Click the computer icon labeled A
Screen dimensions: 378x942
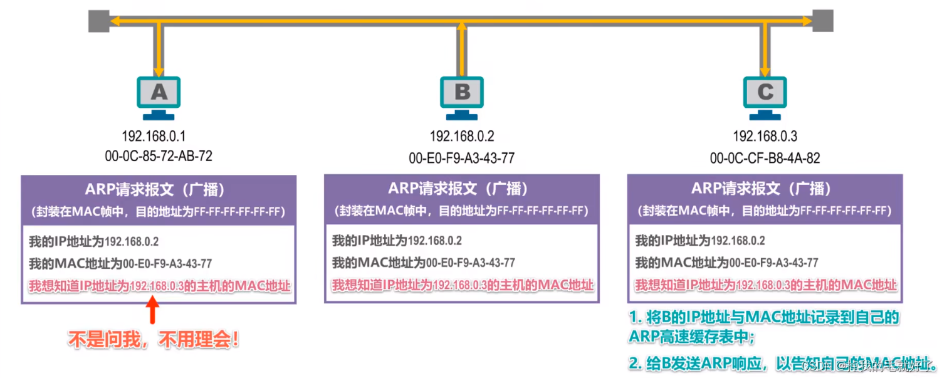(159, 96)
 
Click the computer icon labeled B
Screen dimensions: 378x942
(462, 96)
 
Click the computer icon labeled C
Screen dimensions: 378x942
(765, 96)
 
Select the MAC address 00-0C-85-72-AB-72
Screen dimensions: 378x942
(159, 155)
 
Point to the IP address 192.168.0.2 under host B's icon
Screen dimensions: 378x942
(462, 136)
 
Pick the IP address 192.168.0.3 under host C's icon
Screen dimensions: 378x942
(765, 136)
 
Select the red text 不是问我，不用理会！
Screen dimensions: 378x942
(154, 340)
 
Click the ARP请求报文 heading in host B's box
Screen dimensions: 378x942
(462, 188)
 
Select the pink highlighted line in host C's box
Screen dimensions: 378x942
(765, 285)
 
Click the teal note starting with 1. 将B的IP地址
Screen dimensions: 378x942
(764, 327)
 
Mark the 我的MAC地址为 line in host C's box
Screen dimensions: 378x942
(726, 263)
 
